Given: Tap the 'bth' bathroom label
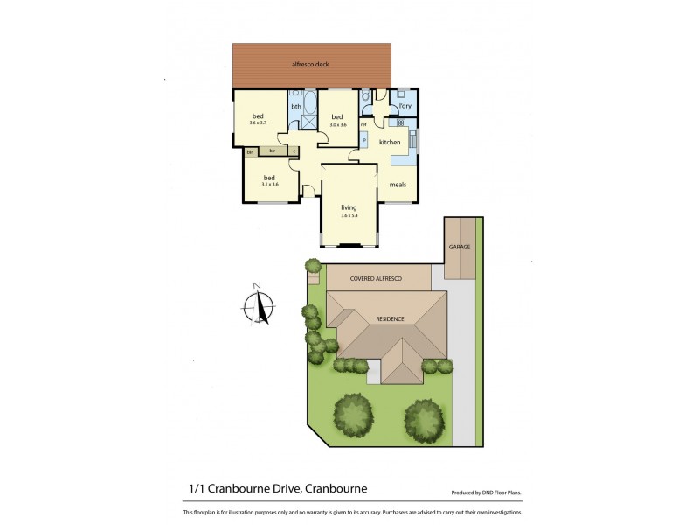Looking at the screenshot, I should click(x=295, y=108).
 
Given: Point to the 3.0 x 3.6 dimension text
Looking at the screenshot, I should click(x=337, y=124).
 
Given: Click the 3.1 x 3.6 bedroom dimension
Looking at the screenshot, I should click(x=269, y=184).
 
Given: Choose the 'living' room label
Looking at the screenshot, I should click(x=349, y=206).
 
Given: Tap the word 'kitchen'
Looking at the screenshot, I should click(x=390, y=143).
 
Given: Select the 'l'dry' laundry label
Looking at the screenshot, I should click(x=405, y=107).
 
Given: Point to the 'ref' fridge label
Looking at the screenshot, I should click(x=363, y=123).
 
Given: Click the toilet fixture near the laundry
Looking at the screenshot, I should click(x=366, y=96).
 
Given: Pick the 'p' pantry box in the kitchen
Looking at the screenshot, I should click(x=363, y=140).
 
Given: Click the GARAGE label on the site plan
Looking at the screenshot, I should click(x=460, y=247).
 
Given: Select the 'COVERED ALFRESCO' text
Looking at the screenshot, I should click(x=376, y=277).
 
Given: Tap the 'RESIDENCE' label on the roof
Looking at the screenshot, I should click(x=390, y=318).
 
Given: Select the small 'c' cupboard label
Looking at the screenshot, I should click(x=294, y=152).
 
